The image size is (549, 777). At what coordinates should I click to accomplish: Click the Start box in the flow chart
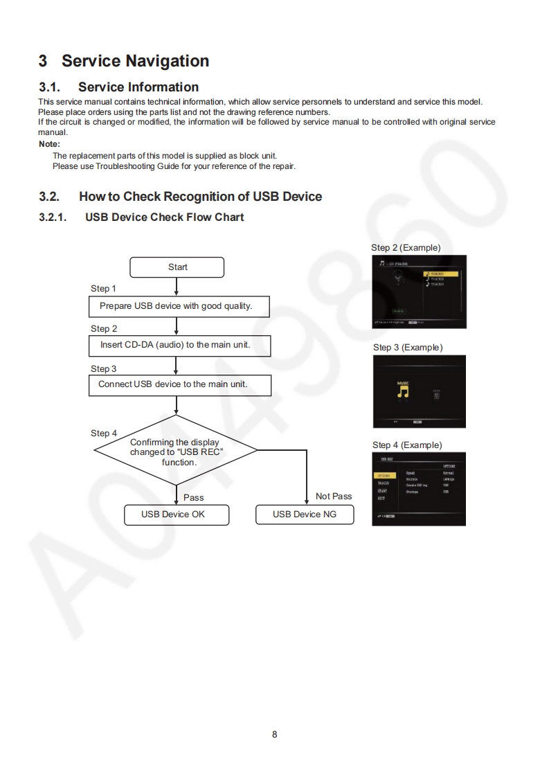pyautogui.click(x=177, y=267)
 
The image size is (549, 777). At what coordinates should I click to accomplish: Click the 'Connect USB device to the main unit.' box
pyautogui.click(x=179, y=384)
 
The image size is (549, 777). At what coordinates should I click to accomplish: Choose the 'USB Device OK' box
pyautogui.click(x=176, y=515)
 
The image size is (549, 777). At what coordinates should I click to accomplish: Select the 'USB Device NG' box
pyautogui.click(x=305, y=515)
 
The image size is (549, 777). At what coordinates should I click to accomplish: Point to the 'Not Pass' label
pyautogui.click(x=334, y=497)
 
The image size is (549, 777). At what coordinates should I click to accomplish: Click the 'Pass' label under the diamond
pyautogui.click(x=194, y=498)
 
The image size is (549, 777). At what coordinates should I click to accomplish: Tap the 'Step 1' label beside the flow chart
pyautogui.click(x=104, y=289)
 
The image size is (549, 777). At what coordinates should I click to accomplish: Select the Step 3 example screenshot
pyautogui.click(x=420, y=392)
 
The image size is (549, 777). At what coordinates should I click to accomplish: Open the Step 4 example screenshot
pyautogui.click(x=419, y=488)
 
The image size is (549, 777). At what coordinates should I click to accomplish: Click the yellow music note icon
pyautogui.click(x=403, y=391)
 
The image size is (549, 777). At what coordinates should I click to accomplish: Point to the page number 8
pyautogui.click(x=275, y=734)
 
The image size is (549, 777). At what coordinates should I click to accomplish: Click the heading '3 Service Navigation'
pyautogui.click(x=124, y=61)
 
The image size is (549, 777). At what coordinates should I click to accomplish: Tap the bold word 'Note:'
pyautogui.click(x=50, y=144)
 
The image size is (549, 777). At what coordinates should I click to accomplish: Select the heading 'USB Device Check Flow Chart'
pyautogui.click(x=165, y=217)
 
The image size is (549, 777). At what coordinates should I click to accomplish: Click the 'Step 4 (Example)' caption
pyautogui.click(x=407, y=445)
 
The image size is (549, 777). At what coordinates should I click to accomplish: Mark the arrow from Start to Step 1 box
pyautogui.click(x=177, y=287)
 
